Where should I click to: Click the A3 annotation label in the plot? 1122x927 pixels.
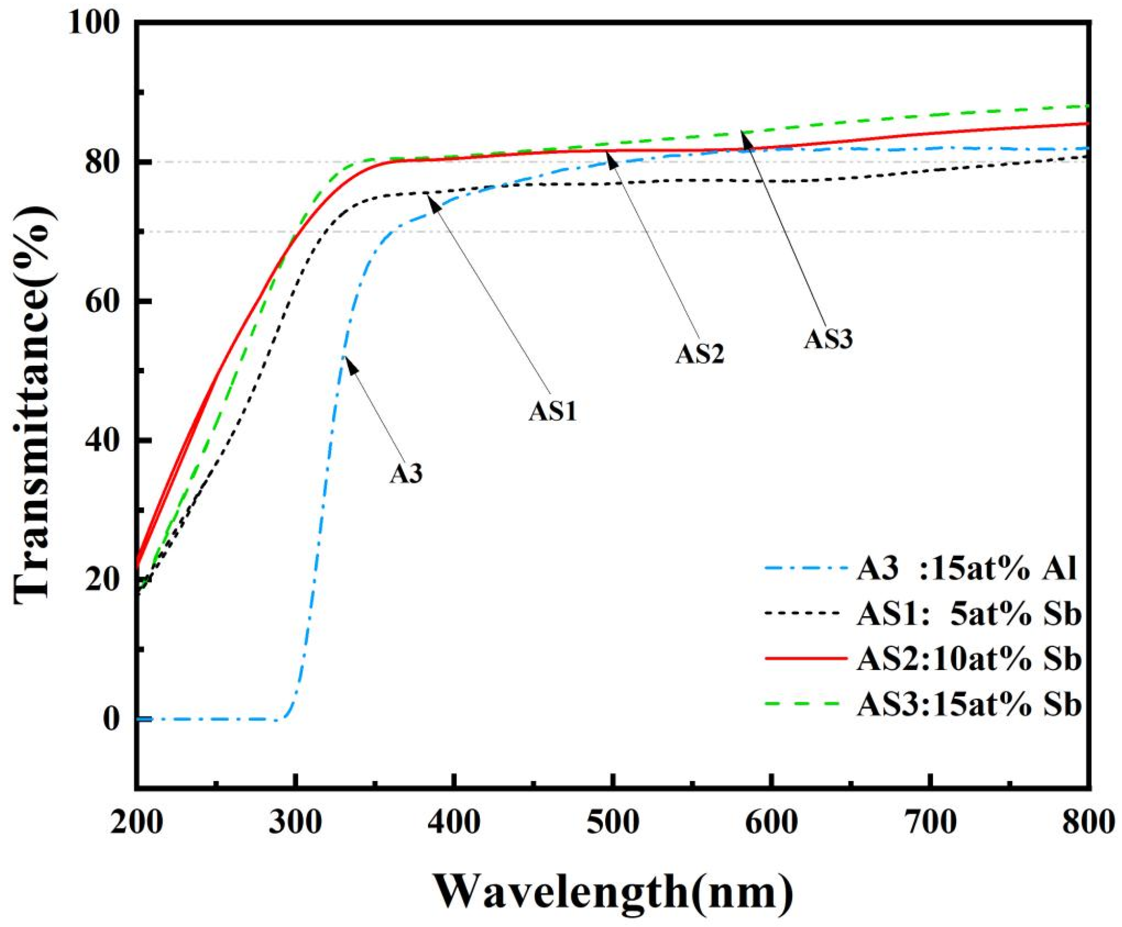[406, 474]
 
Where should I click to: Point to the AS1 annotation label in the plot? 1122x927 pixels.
[552, 412]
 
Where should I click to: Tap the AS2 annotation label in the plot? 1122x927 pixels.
[700, 354]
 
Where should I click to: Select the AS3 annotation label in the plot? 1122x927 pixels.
[828, 340]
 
